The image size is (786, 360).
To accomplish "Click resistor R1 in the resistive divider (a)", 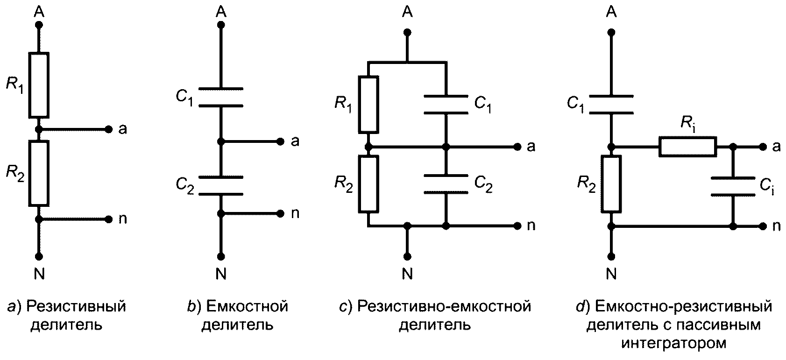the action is click(39, 85).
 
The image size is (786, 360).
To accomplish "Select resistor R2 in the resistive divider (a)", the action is click(39, 173).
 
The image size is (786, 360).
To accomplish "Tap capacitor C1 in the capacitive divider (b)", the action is click(221, 97).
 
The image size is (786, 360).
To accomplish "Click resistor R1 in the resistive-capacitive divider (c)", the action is click(368, 105).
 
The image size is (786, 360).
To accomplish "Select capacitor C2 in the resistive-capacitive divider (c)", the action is click(446, 184).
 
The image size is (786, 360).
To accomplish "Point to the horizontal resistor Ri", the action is click(688, 147).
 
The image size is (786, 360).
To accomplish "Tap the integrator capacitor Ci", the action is click(733, 187).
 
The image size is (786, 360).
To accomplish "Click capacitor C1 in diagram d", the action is click(611, 105).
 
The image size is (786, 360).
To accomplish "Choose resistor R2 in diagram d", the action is click(611, 184).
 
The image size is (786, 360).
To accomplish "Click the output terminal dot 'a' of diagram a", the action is click(109, 129).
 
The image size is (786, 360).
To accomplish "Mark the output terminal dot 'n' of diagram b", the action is click(280, 213).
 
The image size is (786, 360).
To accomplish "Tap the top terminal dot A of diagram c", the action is click(407, 33).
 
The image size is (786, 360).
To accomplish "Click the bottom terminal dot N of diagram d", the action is click(611, 257).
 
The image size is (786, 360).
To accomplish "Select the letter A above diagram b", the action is click(221, 12).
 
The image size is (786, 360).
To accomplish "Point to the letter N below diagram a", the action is click(39, 274).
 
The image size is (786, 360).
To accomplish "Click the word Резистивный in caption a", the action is click(76, 307).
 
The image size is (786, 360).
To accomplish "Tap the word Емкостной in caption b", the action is click(247, 307).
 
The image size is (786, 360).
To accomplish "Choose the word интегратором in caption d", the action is click(674, 343).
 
